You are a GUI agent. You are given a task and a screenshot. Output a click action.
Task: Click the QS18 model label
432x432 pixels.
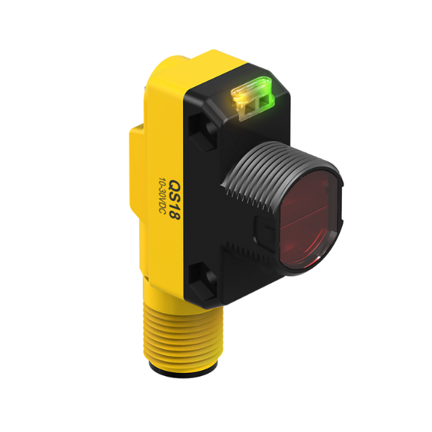tap(174, 200)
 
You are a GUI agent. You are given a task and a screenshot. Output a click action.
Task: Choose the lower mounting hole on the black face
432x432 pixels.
tap(203, 277)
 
